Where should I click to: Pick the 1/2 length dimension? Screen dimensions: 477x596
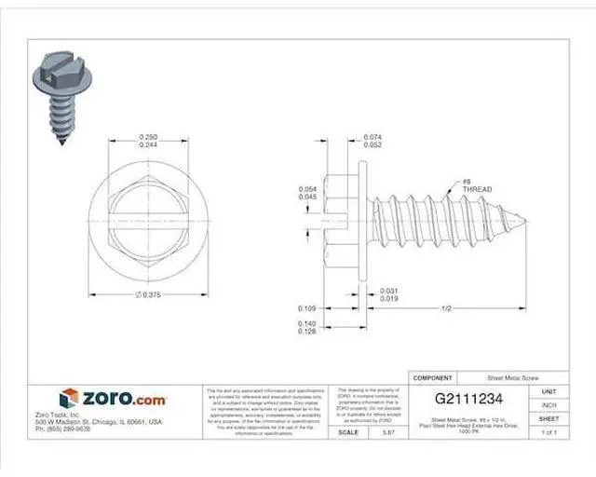447,308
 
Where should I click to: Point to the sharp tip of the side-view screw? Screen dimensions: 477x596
526,222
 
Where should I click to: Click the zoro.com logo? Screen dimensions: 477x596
113,399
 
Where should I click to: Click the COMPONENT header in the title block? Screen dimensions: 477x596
432,379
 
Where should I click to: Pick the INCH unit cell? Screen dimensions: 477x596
549,405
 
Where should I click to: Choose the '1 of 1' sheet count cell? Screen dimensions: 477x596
549,432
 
